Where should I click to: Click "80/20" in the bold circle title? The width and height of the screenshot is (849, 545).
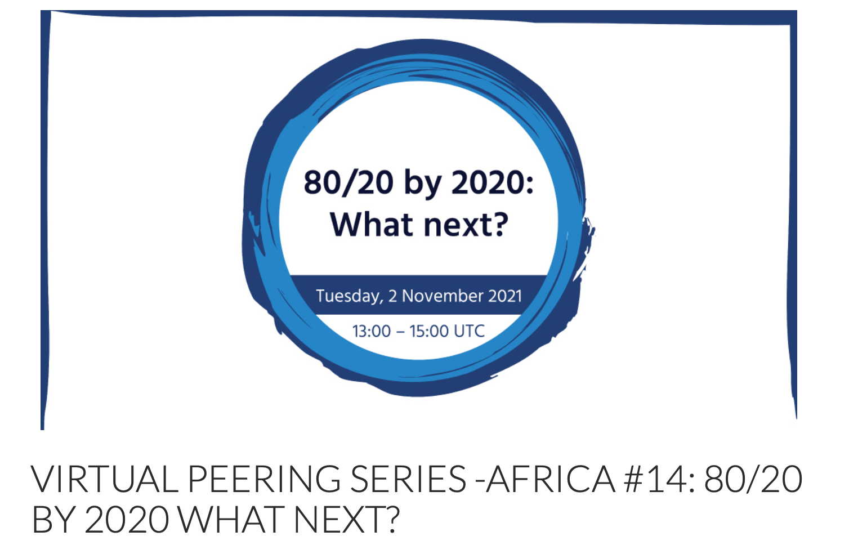[348, 182]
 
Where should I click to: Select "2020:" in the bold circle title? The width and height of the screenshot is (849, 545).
[493, 182]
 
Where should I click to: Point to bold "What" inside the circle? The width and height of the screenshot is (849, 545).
[371, 225]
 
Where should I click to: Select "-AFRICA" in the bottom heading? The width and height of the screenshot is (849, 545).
[545, 479]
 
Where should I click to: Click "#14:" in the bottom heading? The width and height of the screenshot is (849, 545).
[660, 479]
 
